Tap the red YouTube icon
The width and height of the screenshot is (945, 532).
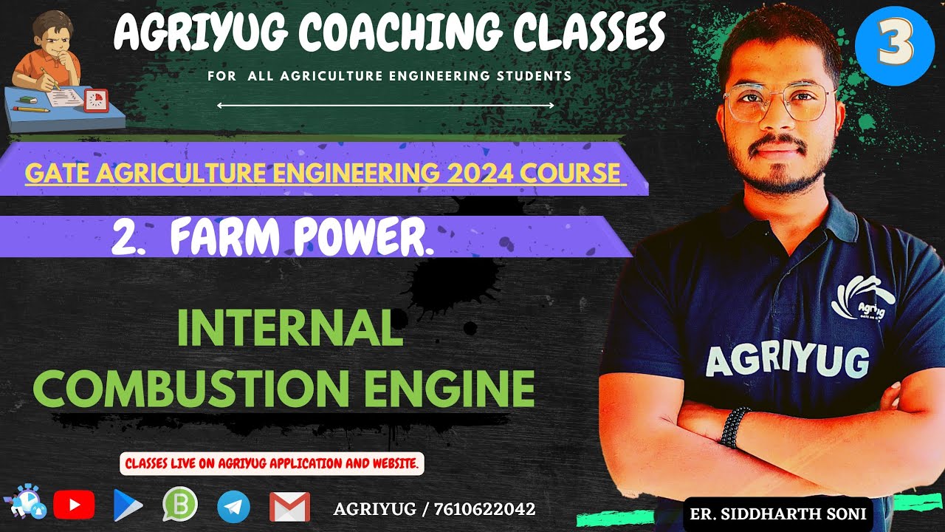[x=74, y=505]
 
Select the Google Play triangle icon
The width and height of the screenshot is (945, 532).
[x=127, y=506]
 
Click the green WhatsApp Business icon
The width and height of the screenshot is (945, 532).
[x=180, y=505]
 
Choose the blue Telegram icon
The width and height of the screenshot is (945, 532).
[x=233, y=507]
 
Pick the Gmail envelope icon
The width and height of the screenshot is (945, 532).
[x=289, y=507]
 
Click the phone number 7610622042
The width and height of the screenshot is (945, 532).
[x=488, y=509]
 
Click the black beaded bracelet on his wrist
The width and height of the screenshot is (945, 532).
[x=735, y=427]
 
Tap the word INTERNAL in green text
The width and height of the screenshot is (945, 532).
[x=289, y=331]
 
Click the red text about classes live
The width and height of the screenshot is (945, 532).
[x=272, y=464]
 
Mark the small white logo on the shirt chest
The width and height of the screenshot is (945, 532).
[x=863, y=299]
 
